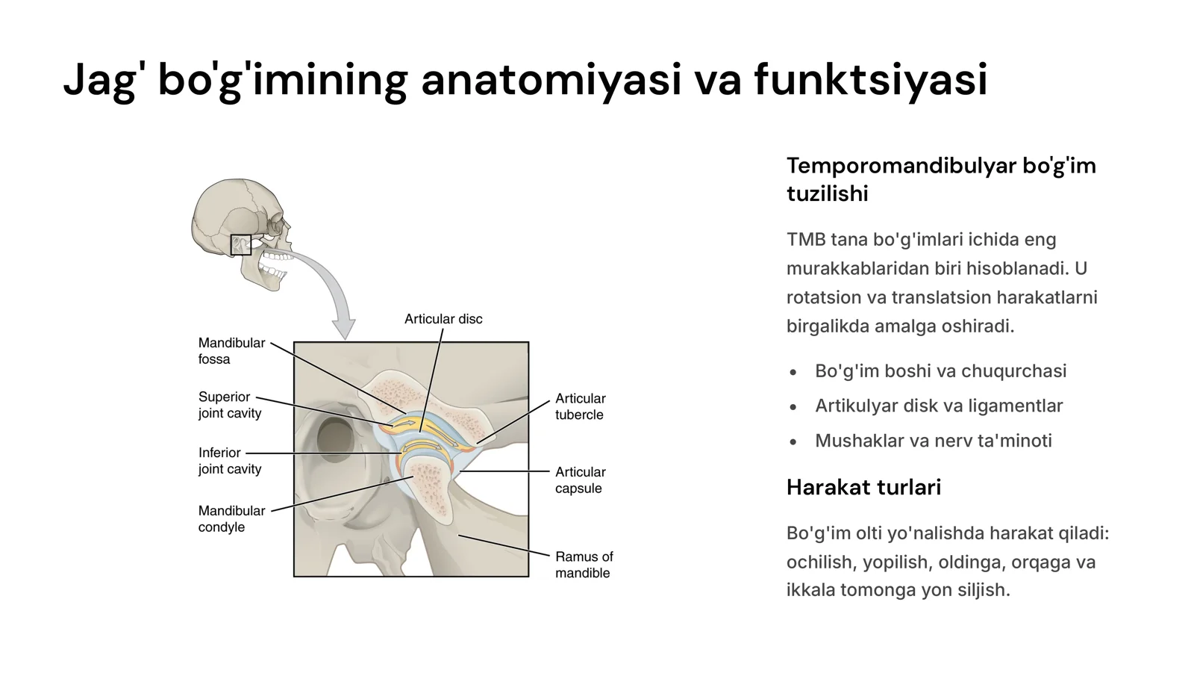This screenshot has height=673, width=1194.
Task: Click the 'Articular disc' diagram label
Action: pyautogui.click(x=443, y=319)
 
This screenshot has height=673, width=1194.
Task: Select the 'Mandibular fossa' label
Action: pyautogui.click(x=231, y=350)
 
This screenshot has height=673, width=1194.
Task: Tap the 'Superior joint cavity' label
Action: pyautogui.click(x=230, y=405)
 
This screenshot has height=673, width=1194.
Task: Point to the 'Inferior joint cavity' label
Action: pyautogui.click(x=230, y=461)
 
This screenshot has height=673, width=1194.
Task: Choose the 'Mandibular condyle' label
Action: pyautogui.click(x=231, y=519)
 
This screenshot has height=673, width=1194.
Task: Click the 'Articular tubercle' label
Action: pyautogui.click(x=581, y=406)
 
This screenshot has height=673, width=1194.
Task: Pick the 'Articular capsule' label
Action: pyautogui.click(x=581, y=480)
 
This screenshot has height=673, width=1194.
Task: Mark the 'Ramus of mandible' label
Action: pyautogui.click(x=584, y=565)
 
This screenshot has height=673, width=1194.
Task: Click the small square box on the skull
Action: pyautogui.click(x=241, y=245)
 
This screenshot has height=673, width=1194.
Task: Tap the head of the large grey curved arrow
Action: pyautogui.click(x=344, y=328)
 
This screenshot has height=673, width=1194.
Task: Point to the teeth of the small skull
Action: pyautogui.click(x=276, y=265)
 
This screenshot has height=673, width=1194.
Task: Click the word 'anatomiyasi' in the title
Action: pyautogui.click(x=551, y=80)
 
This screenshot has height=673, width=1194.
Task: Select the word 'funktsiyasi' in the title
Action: pyautogui.click(x=870, y=80)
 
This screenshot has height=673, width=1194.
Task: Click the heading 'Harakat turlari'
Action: pyautogui.click(x=863, y=487)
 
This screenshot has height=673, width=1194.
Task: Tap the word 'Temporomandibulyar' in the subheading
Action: pyautogui.click(x=901, y=166)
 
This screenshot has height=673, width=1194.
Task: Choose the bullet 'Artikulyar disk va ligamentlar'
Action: pyautogui.click(x=939, y=406)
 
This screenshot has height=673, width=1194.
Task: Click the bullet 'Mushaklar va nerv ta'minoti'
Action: pyautogui.click(x=934, y=441)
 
